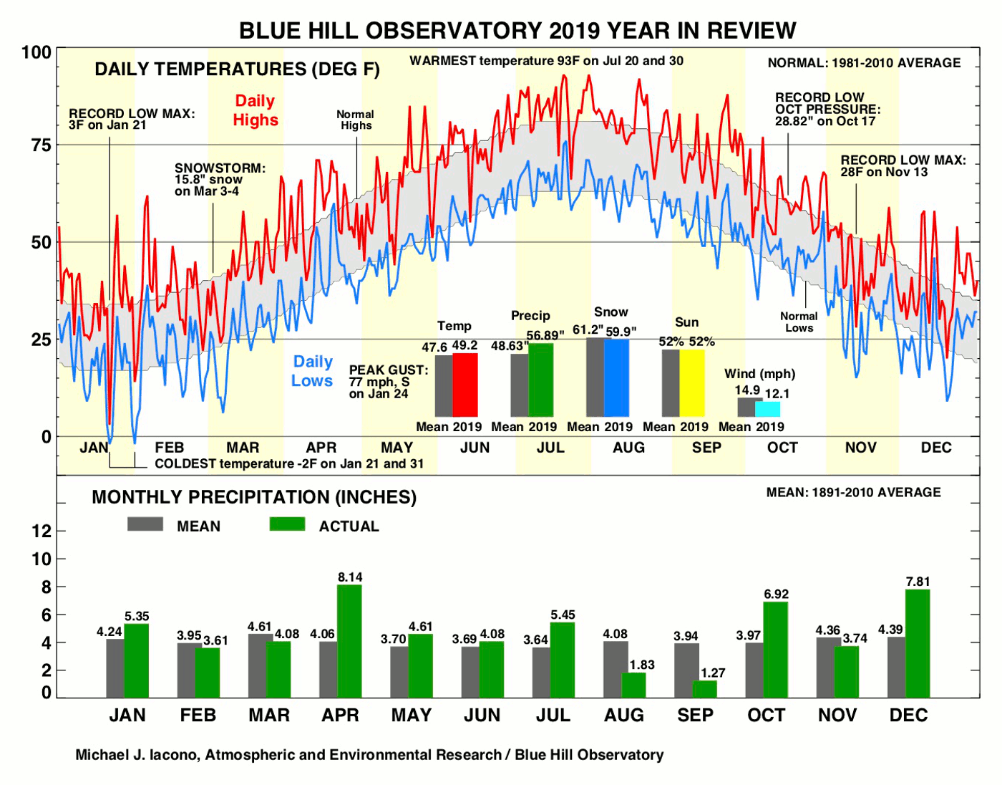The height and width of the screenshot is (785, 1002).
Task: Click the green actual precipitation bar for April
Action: click(349, 641)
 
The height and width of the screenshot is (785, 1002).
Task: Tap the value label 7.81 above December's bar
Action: click(918, 582)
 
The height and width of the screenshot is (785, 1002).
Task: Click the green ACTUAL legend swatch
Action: click(287, 524)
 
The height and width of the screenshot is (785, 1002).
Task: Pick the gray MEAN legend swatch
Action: click(145, 524)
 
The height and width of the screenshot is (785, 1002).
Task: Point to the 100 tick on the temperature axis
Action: click(37, 52)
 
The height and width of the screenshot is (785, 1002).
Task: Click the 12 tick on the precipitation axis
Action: click(42, 531)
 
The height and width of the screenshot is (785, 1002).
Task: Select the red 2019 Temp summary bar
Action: click(465, 385)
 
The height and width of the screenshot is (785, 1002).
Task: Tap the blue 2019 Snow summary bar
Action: click(616, 377)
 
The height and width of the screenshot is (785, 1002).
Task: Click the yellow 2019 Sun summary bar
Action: click(692, 382)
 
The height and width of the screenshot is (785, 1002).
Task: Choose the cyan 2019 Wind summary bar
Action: click(767, 409)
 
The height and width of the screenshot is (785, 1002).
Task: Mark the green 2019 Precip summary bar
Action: click(541, 380)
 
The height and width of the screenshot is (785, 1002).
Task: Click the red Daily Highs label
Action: click(256, 110)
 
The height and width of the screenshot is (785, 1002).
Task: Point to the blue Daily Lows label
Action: click(313, 371)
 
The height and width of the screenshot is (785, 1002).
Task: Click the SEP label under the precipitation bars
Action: click(695, 715)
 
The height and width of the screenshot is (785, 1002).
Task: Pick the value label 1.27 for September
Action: click(713, 673)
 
